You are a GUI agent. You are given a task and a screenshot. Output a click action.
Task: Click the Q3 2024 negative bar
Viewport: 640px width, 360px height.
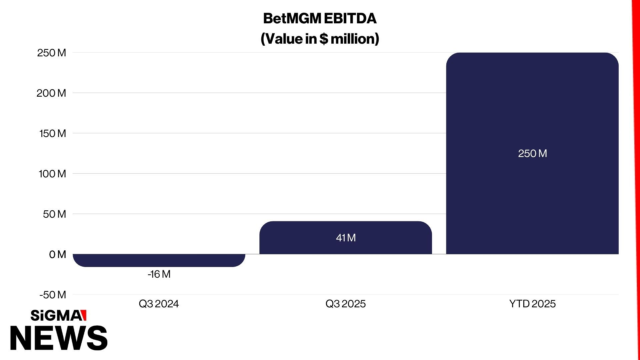click(x=159, y=260)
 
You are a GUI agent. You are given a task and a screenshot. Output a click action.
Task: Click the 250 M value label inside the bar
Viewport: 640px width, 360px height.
click(x=532, y=153)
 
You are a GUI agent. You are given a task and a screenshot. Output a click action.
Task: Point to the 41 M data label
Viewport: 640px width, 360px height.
click(x=346, y=238)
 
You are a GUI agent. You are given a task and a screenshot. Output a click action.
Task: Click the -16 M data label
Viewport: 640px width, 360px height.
click(x=159, y=274)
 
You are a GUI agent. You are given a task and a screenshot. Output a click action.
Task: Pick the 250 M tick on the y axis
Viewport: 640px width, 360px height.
click(x=52, y=53)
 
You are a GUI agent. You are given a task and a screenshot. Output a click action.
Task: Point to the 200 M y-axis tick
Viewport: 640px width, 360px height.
click(x=51, y=93)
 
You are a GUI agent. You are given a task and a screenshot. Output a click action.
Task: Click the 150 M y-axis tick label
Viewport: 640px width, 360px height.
click(x=53, y=133)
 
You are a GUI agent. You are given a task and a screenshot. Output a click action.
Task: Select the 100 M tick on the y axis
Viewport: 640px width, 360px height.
click(x=52, y=174)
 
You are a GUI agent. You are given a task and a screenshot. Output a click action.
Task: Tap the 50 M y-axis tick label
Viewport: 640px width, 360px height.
click(x=54, y=214)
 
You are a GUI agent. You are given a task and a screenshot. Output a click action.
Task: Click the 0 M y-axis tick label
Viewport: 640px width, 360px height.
click(x=57, y=254)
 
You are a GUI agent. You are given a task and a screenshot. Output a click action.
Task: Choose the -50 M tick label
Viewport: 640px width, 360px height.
click(x=53, y=295)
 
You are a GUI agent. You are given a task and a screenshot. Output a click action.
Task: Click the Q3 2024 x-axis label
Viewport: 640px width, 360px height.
click(x=159, y=304)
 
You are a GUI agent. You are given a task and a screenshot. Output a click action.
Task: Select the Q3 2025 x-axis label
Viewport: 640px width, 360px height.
click(x=346, y=304)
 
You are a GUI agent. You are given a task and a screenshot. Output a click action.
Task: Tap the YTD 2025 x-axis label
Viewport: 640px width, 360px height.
click(x=532, y=304)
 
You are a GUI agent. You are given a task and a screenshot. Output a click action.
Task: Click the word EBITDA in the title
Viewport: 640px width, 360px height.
click(x=350, y=19)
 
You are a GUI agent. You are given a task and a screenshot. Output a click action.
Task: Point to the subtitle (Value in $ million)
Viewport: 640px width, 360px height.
click(x=320, y=39)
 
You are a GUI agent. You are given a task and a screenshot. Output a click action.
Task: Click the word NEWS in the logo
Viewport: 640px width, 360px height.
click(x=59, y=338)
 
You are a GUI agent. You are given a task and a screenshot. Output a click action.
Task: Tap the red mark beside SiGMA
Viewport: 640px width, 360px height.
click(x=84, y=315)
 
